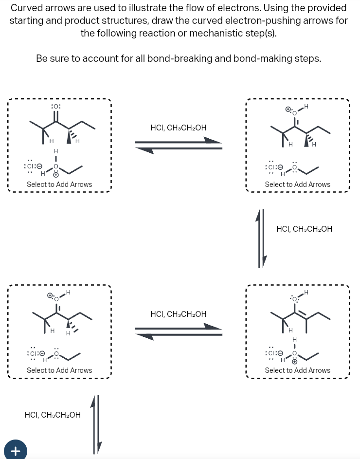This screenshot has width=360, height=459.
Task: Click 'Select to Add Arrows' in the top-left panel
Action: click(x=59, y=184)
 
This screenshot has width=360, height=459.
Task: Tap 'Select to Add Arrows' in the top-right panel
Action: click(x=297, y=184)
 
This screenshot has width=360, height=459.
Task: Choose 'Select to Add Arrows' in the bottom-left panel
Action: click(x=59, y=370)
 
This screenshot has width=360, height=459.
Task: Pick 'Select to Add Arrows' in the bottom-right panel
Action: click(x=297, y=370)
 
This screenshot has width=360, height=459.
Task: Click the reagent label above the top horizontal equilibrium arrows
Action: click(x=179, y=128)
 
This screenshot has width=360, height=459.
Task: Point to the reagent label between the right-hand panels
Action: click(x=304, y=229)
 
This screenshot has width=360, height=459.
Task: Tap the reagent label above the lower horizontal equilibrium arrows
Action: click(x=179, y=314)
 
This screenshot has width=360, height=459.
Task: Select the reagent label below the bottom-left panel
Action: click(x=53, y=415)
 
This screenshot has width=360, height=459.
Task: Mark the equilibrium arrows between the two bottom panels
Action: click(x=179, y=331)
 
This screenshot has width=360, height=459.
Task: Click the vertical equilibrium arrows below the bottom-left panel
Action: click(x=96, y=423)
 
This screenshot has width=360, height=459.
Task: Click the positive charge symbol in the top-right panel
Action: click(x=288, y=110)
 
